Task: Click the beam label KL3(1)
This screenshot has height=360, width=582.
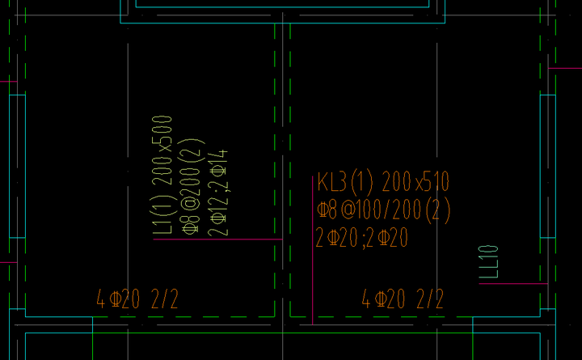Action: (345, 182)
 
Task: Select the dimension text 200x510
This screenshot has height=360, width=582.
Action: (415, 181)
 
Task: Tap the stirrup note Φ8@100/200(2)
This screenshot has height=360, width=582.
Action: (384, 210)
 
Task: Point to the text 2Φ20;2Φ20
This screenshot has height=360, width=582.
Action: (362, 238)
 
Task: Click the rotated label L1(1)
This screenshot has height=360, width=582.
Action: (162, 215)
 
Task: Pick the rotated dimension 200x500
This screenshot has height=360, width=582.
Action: (162, 150)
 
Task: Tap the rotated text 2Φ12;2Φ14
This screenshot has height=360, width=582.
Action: (218, 193)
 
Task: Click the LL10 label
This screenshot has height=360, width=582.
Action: (488, 262)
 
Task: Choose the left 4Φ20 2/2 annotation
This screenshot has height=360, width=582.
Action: (137, 299)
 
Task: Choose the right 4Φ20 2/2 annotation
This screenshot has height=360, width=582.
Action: (403, 299)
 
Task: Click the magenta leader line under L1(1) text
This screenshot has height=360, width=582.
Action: (218, 239)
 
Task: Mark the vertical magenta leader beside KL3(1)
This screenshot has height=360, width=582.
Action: (313, 251)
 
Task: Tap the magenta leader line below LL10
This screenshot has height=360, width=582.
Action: (513, 284)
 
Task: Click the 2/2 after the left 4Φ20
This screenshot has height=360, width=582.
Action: (165, 299)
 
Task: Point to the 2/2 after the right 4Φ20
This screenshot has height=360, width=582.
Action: (430, 299)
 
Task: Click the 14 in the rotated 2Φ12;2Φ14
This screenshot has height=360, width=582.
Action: (218, 157)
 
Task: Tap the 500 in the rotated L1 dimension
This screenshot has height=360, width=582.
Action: (162, 129)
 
